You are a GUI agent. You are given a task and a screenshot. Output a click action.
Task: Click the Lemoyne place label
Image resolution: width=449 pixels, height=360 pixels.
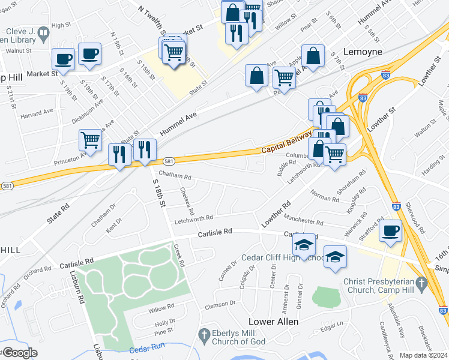(x=362, y=52)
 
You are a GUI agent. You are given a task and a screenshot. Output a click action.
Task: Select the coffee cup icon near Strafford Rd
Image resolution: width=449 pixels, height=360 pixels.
(x=391, y=231)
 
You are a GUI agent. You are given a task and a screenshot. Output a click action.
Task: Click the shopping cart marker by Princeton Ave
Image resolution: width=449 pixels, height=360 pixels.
(x=90, y=140)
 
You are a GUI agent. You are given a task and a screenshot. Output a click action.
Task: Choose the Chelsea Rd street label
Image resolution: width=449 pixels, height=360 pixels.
(x=187, y=202)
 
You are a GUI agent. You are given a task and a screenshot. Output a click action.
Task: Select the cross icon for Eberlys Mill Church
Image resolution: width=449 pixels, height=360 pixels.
(x=203, y=334)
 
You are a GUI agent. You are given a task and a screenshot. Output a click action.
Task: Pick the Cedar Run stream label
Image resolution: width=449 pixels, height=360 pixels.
(x=146, y=350)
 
